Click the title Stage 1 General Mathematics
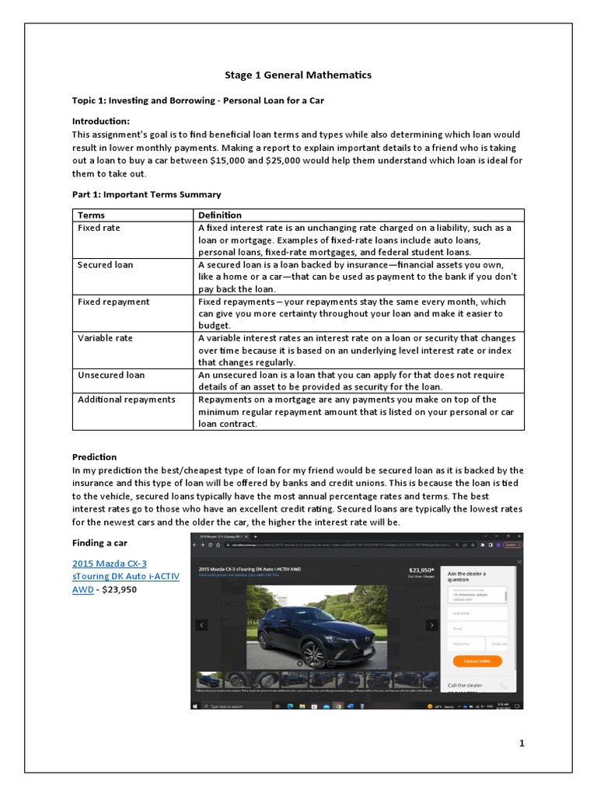(x=298, y=75)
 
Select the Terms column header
(x=91, y=215)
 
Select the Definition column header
(x=220, y=215)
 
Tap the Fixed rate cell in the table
(x=99, y=228)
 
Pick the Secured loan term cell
(x=105, y=265)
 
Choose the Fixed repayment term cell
(x=113, y=302)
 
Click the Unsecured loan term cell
(x=110, y=375)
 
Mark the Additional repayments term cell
(x=126, y=400)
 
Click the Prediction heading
(x=94, y=457)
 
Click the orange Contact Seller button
(x=477, y=661)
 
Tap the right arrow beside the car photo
(x=431, y=625)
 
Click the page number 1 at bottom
(x=522, y=743)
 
